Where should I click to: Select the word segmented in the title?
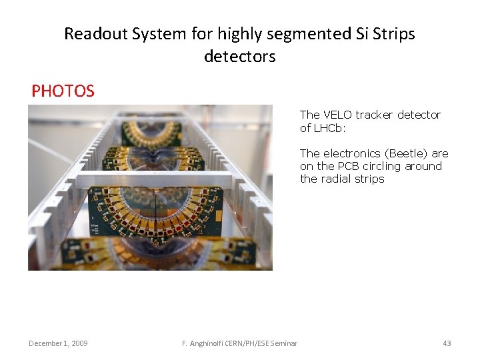click(x=267, y=34)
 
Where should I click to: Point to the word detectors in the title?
click(x=239, y=57)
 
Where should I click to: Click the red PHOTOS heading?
click(x=63, y=91)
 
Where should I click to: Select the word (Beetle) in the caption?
click(x=407, y=153)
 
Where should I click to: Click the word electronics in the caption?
click(x=354, y=153)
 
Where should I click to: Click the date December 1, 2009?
click(x=58, y=343)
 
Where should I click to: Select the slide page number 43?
click(x=447, y=343)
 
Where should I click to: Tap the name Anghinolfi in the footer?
click(x=208, y=343)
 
